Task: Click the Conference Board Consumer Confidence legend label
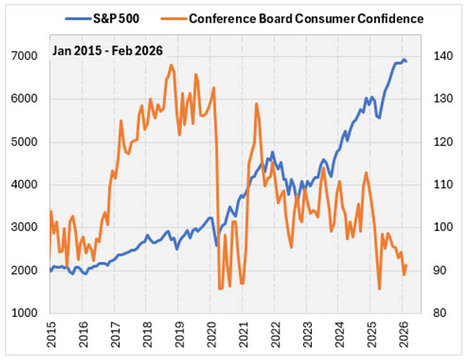coord(306,18)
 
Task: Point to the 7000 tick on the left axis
coord(28,56)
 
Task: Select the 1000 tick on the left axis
coord(28,313)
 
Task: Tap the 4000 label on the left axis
coord(28,185)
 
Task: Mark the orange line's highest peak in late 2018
coord(171,64)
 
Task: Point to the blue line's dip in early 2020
coord(216,245)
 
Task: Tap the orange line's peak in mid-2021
coord(256,103)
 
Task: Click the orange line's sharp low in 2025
coord(379,289)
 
